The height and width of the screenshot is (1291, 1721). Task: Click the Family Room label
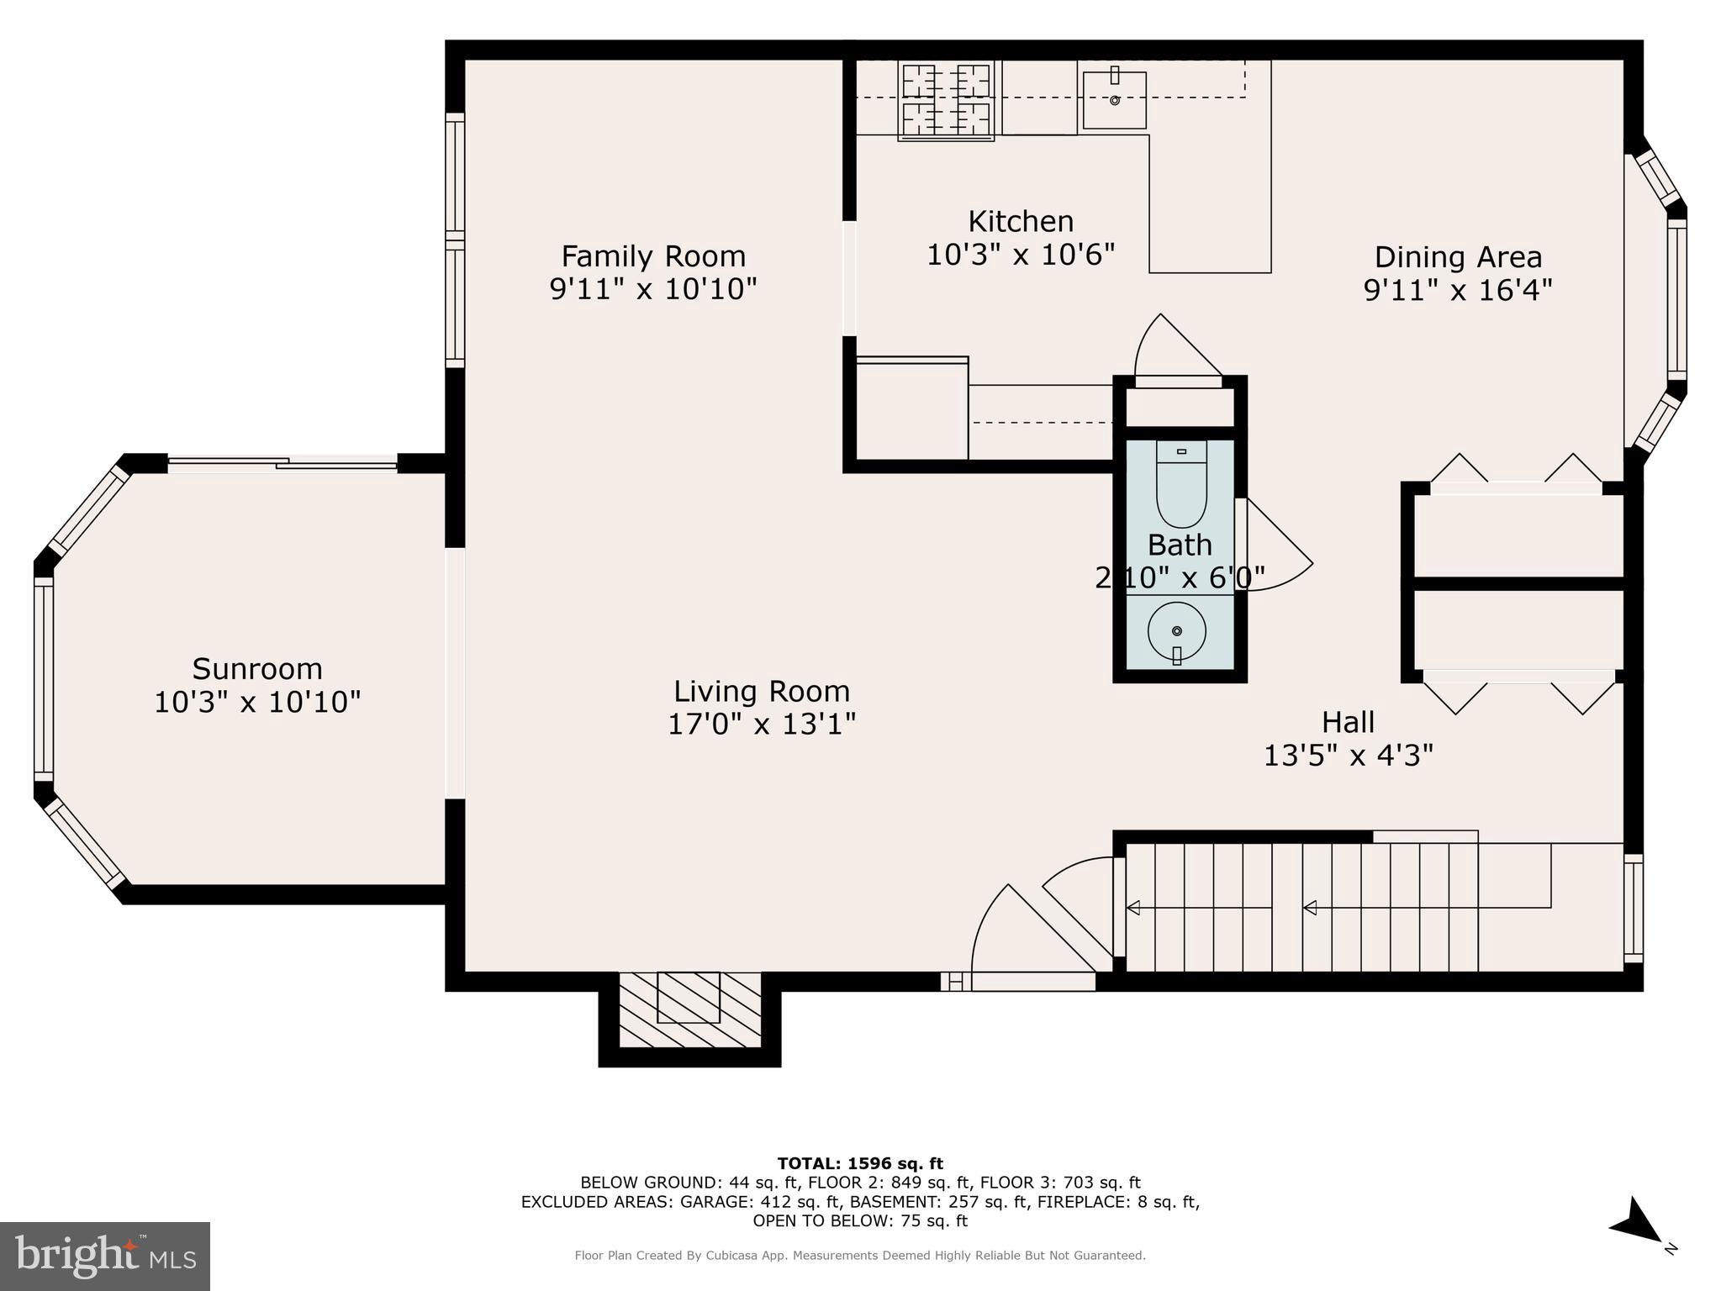pyautogui.click(x=653, y=256)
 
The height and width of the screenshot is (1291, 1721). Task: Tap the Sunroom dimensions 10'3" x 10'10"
pyautogui.click(x=257, y=702)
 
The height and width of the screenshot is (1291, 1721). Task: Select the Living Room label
pyautogui.click(x=762, y=691)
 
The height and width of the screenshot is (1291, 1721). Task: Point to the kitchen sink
pyautogui.click(x=1115, y=100)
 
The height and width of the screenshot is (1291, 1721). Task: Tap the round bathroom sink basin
pyautogui.click(x=1177, y=630)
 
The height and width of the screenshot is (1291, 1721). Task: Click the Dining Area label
pyautogui.click(x=1458, y=256)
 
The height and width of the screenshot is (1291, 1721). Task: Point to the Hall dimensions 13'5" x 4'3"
pyautogui.click(x=1348, y=756)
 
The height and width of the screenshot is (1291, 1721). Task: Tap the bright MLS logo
pyautogui.click(x=105, y=1256)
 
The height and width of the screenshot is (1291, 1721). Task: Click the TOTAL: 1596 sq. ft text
pyautogui.click(x=860, y=1163)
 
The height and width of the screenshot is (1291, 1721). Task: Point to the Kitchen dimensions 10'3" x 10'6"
pyautogui.click(x=1021, y=254)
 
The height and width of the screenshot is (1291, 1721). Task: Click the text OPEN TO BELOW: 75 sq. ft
pyautogui.click(x=860, y=1221)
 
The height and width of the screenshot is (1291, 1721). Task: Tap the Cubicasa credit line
pyautogui.click(x=860, y=1256)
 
